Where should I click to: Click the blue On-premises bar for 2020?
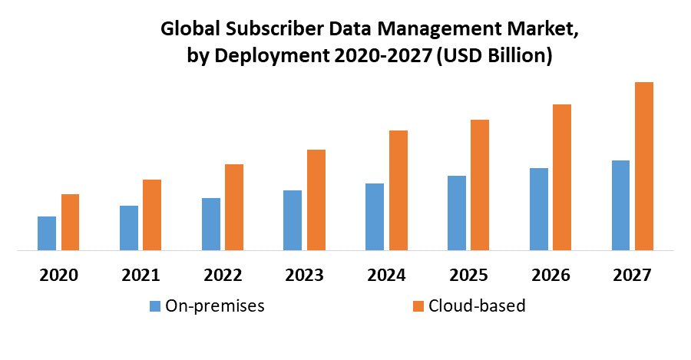pos(47,233)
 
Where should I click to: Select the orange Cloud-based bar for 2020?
pos(71,222)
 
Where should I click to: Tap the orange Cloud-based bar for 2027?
pos(644,166)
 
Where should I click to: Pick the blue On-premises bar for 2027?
pos(620,205)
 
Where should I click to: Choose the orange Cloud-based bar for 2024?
pos(398,190)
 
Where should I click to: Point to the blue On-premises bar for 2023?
pos(293,220)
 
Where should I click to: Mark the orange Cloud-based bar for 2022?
pos(234,207)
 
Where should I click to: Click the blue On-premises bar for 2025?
pos(456,213)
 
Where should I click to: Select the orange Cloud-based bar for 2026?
pos(562,177)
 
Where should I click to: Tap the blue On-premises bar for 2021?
pos(129,228)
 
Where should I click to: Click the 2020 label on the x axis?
pos(58,275)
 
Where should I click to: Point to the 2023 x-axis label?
pos(304,275)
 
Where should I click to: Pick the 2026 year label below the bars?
pos(550,275)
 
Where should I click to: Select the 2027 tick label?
pos(632,275)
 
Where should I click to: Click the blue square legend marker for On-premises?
pos(156,306)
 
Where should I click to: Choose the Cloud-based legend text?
pos(477,306)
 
